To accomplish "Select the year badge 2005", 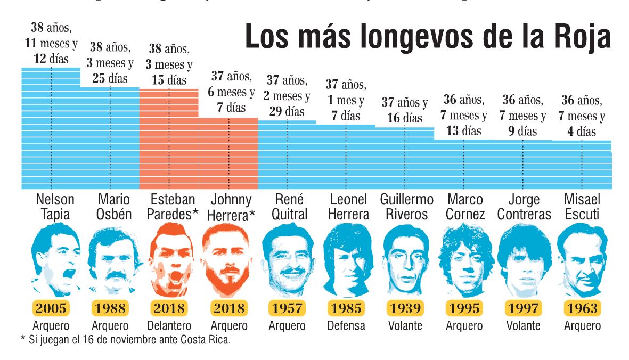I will point(52,308).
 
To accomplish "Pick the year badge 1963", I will point(581,308).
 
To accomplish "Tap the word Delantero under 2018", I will point(169,326).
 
